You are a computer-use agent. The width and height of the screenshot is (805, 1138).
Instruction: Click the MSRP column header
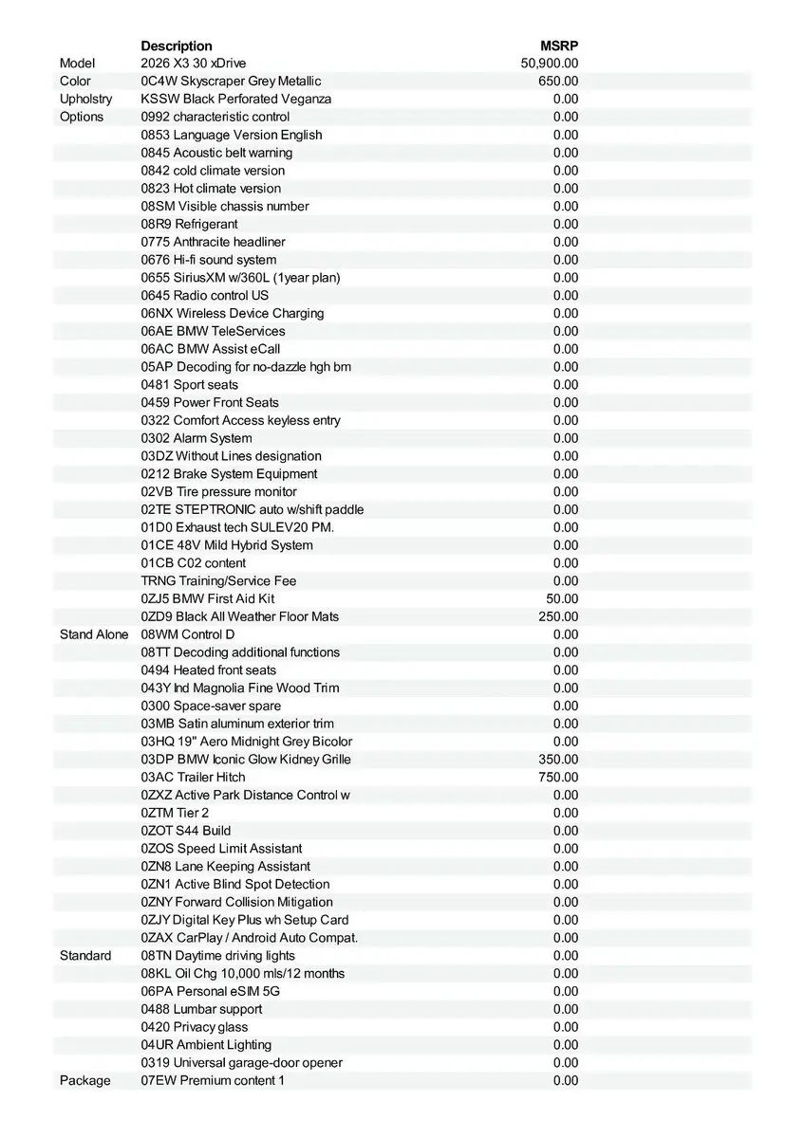(x=559, y=46)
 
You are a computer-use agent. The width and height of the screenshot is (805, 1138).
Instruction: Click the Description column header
(x=177, y=46)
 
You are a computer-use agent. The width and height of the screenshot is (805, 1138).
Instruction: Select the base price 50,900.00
(x=550, y=64)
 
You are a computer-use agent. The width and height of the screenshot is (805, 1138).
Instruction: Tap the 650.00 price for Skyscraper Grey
(x=558, y=82)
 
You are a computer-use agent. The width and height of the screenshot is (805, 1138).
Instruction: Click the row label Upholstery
(x=85, y=99)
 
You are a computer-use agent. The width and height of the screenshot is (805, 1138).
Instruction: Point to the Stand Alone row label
(x=94, y=634)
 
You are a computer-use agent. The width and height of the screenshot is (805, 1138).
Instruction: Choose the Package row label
(x=84, y=1081)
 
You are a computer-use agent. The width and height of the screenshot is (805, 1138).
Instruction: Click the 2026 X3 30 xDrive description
(x=193, y=64)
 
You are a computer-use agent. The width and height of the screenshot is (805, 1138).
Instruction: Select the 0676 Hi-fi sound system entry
(x=209, y=260)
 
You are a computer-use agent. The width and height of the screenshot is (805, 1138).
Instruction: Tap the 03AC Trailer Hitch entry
(x=193, y=778)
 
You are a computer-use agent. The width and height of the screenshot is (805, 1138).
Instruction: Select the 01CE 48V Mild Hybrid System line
(x=227, y=545)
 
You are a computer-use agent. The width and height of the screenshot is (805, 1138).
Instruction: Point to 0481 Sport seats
(x=190, y=385)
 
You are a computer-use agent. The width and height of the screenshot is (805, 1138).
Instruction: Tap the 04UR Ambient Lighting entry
(x=206, y=1045)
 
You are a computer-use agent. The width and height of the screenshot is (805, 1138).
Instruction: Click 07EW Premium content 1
(x=213, y=1081)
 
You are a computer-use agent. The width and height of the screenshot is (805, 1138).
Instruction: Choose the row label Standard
(x=85, y=956)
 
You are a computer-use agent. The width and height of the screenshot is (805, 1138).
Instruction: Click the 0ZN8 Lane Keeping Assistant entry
(x=226, y=867)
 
